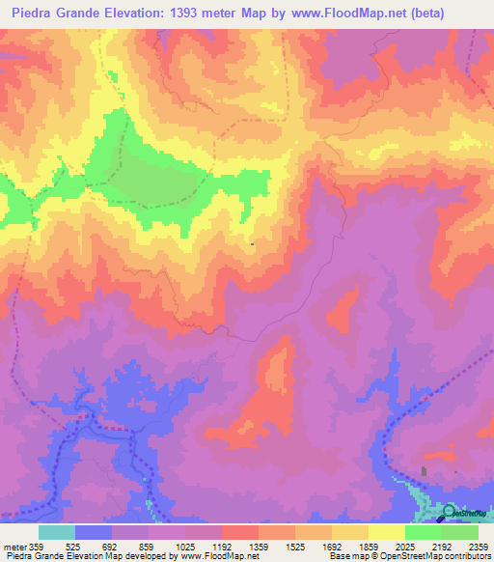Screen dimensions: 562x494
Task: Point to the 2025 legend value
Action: pyautogui.click(x=402, y=546)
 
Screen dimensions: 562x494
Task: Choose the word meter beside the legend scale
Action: pyautogui.click(x=14, y=546)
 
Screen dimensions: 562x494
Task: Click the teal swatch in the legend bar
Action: pyautogui.click(x=57, y=532)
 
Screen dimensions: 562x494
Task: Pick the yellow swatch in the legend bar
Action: pyautogui.click(x=386, y=532)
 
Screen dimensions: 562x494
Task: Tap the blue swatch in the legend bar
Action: pyautogui.click(x=94, y=532)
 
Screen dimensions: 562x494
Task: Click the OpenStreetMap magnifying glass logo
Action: pyautogui.click(x=450, y=512)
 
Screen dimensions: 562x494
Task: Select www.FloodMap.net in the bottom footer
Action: pyautogui.click(x=211, y=556)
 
